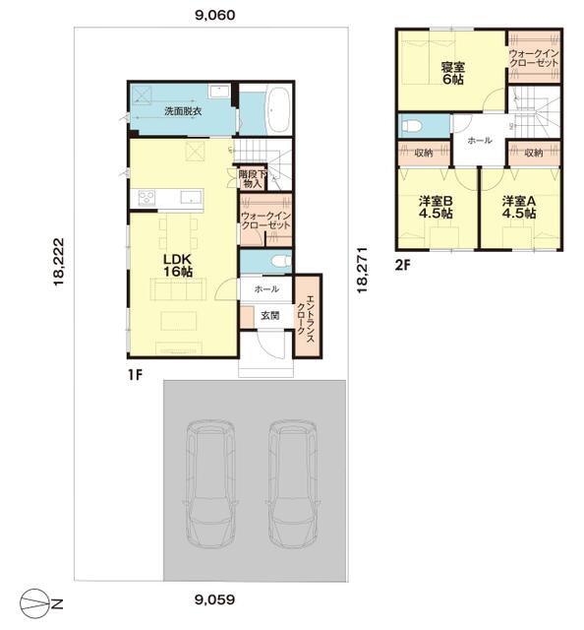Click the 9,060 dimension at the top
(x=214, y=16)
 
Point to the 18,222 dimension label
(x=59, y=262)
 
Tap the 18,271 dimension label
(x=363, y=270)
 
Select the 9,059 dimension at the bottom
(x=214, y=599)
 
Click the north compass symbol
(x=41, y=603)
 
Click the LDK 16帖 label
(x=177, y=265)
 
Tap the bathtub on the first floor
(x=278, y=109)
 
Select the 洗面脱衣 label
(x=183, y=111)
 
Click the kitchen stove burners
(x=146, y=198)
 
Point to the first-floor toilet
(x=282, y=262)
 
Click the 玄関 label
(x=270, y=316)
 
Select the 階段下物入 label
(x=253, y=179)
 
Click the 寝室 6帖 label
(x=453, y=73)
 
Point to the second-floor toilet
(x=412, y=126)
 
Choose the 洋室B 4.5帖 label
(x=436, y=207)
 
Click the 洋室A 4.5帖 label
(x=519, y=207)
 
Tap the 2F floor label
(x=404, y=265)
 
